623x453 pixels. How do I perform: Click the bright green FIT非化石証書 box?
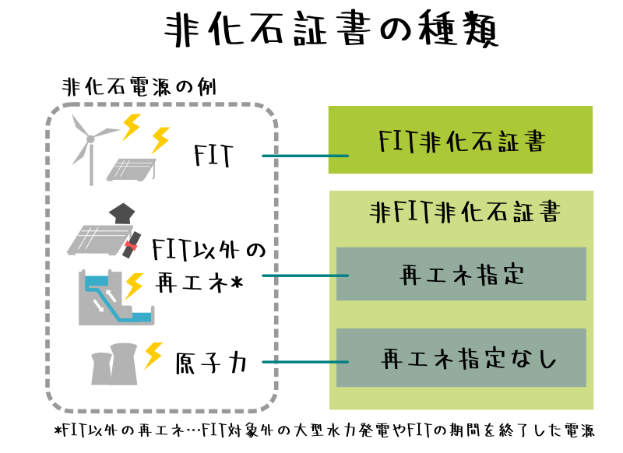pyautogui.click(x=460, y=139)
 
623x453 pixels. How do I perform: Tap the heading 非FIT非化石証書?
pyautogui.click(x=465, y=212)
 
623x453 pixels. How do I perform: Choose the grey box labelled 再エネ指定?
pyautogui.click(x=460, y=273)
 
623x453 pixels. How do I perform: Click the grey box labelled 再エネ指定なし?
pyautogui.click(x=460, y=358)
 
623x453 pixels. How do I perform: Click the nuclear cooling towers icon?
pyautogui.click(x=114, y=364)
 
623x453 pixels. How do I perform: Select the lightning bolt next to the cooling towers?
pyautogui.click(x=153, y=355)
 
